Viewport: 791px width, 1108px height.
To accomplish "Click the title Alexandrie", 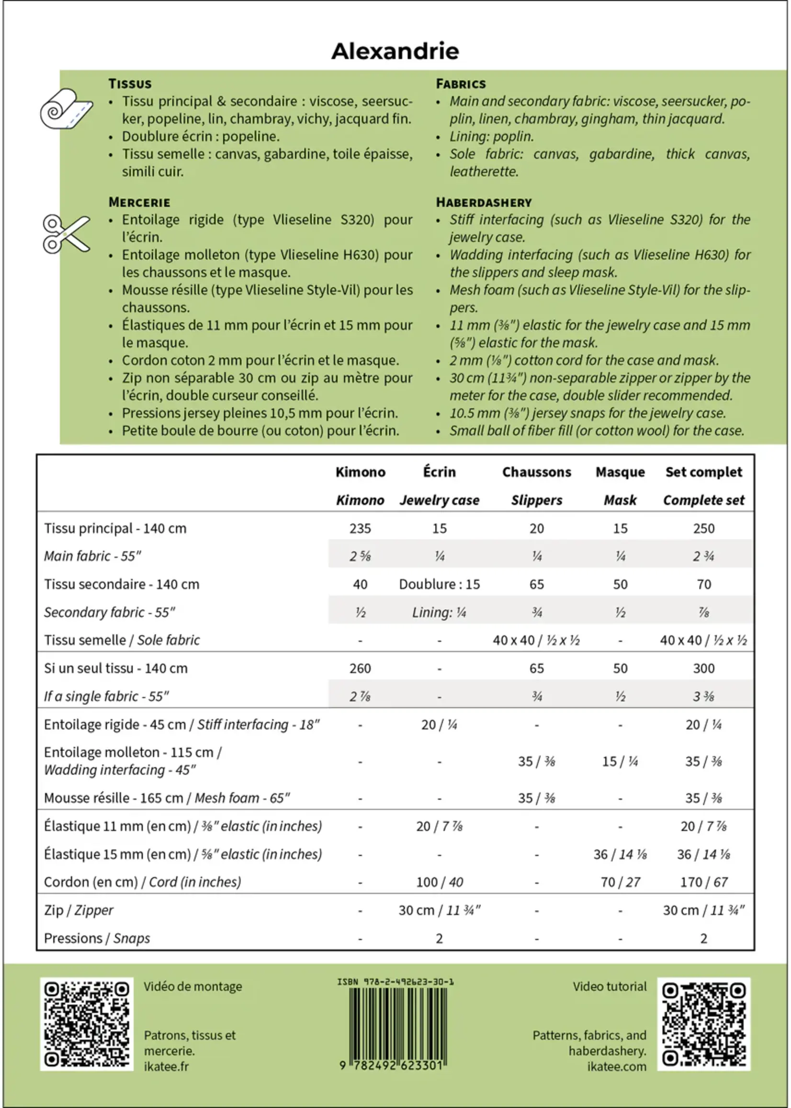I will (395, 51).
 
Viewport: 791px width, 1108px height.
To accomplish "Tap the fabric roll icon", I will (66, 109).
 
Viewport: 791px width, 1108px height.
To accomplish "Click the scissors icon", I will (66, 234).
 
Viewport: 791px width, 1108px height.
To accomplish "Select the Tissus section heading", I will (130, 84).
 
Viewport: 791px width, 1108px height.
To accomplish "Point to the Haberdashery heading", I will (483, 202).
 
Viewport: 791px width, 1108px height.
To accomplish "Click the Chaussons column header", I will (536, 472).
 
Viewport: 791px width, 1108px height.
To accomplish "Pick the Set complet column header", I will (703, 472).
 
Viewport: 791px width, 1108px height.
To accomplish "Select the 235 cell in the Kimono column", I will (360, 528).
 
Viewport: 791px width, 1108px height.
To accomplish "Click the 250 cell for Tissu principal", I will (703, 528).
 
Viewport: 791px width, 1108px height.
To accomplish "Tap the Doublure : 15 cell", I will (439, 584).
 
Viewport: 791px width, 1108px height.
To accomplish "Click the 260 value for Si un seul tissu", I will (360, 668).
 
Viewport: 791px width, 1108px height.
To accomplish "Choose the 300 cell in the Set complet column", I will (703, 668).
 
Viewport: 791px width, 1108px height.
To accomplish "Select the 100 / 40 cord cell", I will (439, 882).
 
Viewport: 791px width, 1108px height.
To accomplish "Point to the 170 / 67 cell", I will (703, 882).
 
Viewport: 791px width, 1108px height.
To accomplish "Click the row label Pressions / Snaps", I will (97, 938).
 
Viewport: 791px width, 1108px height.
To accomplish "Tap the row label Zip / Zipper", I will (79, 910).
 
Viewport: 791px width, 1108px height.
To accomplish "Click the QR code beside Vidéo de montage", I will (87, 1024).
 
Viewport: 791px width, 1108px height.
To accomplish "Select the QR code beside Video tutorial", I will (703, 1024).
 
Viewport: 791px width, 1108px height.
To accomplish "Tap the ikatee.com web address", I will (616, 1066).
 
